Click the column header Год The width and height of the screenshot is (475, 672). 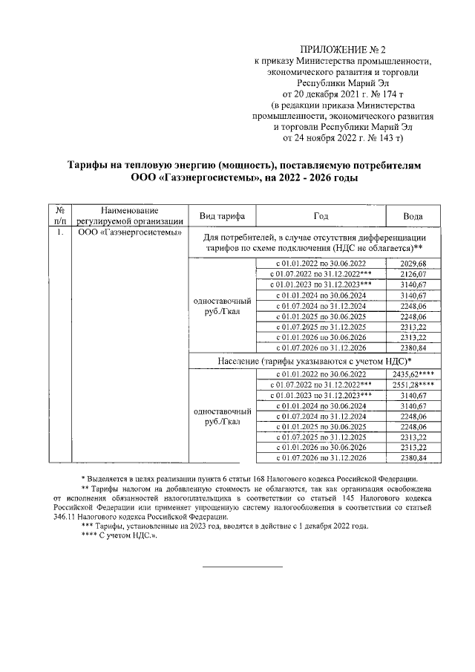321,215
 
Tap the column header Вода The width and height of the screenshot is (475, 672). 413,215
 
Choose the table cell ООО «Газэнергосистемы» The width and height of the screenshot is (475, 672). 130,232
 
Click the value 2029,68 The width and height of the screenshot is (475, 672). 413,264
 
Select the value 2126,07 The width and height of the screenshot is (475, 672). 413,274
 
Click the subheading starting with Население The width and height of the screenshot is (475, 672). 315,360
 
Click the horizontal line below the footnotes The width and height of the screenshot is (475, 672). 243,567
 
